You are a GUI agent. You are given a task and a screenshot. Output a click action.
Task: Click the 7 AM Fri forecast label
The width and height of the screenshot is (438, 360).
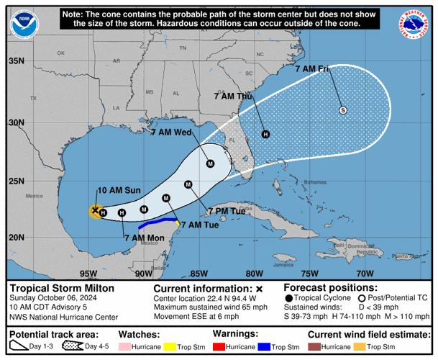coord(313,69)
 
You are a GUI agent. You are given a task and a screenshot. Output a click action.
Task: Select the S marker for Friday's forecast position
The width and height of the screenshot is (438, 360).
coord(343,110)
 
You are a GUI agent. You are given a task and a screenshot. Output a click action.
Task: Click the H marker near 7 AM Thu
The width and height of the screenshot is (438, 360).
coord(265,134)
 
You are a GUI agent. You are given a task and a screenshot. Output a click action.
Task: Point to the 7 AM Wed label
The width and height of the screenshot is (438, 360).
coord(170,132)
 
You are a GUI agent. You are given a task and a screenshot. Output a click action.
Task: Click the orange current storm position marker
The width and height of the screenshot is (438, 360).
coord(95,210)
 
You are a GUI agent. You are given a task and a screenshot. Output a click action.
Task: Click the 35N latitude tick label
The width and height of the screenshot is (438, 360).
coord(15,61)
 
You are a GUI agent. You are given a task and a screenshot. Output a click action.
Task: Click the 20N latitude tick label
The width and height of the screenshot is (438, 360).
coord(15,238)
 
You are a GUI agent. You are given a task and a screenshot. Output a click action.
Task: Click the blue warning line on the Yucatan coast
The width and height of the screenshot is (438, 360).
coord(163,220)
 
